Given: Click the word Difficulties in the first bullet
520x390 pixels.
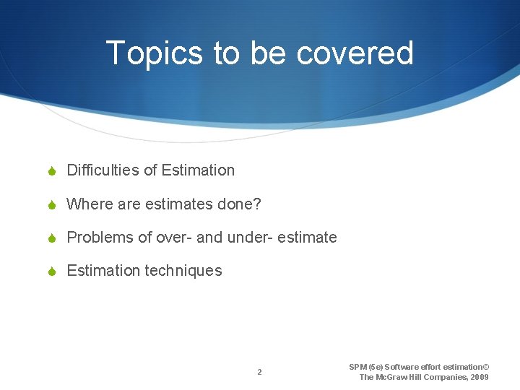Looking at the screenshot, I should click(103, 170).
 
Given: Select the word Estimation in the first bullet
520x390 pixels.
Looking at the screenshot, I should click(198, 170).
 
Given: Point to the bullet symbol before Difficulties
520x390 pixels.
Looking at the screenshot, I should click(52, 171).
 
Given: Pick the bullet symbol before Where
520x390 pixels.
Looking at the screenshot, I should click(52, 205).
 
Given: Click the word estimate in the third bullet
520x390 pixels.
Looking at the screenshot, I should click(308, 238).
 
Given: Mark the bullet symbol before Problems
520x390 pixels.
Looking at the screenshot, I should click(52, 238).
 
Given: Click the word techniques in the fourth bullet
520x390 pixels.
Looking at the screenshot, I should click(183, 271).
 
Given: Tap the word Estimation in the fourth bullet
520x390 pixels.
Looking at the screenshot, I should click(103, 271).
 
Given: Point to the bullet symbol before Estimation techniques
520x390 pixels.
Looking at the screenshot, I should click(52, 272).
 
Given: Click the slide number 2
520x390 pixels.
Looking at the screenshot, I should click(259, 373).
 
